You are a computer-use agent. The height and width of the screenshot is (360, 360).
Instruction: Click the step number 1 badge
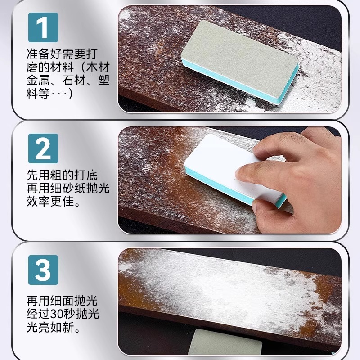(43, 27)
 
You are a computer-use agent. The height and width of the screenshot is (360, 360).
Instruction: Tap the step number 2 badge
(43, 148)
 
